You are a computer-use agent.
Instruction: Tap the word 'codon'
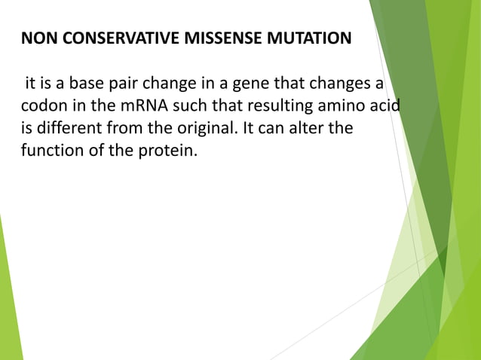41,105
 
